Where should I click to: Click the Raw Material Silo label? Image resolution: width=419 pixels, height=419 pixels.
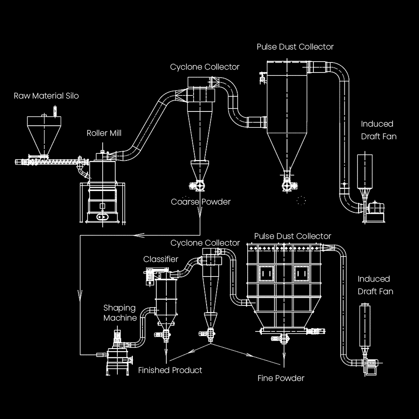click(46, 96)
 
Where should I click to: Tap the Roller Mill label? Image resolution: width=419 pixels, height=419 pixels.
click(104, 133)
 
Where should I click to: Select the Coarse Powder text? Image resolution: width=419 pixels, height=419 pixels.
click(201, 202)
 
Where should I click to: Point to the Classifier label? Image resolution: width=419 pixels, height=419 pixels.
click(160, 259)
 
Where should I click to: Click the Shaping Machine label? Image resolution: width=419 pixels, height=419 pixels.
click(120, 313)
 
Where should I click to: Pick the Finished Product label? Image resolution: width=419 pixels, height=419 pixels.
click(170, 370)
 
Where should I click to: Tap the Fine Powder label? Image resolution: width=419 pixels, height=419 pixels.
click(281, 378)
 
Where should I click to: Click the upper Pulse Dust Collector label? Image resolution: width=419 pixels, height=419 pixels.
click(295, 47)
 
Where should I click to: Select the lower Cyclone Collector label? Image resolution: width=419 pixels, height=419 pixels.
click(205, 243)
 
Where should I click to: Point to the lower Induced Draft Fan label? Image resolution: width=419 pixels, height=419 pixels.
click(375, 285)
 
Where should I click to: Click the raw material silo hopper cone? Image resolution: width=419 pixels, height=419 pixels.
click(44, 140)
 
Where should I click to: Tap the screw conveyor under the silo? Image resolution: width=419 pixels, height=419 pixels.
click(52, 162)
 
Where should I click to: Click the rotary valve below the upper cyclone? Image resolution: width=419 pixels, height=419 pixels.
click(197, 186)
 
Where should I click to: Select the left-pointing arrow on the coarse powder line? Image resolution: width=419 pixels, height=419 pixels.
click(139, 235)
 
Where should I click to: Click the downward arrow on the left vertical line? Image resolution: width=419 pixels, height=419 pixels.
click(80, 296)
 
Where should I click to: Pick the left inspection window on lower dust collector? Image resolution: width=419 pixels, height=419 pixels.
click(266, 273)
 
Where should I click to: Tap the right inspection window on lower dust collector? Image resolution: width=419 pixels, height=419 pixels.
click(301, 273)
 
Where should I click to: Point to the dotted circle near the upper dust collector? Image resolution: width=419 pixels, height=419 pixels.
click(301, 200)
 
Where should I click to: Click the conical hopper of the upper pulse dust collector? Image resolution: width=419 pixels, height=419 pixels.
click(287, 151)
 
